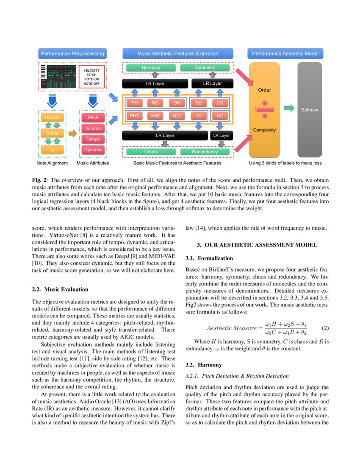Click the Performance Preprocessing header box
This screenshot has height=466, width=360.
(x=72, y=54)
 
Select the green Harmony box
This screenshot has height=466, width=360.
(x=151, y=68)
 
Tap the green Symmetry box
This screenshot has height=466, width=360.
(x=205, y=68)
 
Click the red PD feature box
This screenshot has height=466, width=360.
(x=135, y=103)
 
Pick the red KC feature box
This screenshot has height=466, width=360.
(x=220, y=116)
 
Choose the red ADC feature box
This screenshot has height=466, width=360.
(x=177, y=116)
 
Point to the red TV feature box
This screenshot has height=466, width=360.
(x=199, y=116)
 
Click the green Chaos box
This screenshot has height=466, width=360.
(x=151, y=152)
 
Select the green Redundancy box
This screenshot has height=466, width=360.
(x=205, y=152)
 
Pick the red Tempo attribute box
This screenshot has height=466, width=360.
(x=93, y=139)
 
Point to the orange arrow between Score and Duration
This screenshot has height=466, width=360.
(x=72, y=134)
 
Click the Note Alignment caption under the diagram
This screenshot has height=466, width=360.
(x=52, y=163)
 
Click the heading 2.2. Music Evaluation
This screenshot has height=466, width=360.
(x=60, y=289)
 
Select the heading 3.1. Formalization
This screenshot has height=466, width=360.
(x=209, y=258)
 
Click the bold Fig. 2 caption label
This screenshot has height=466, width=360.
(x=39, y=180)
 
